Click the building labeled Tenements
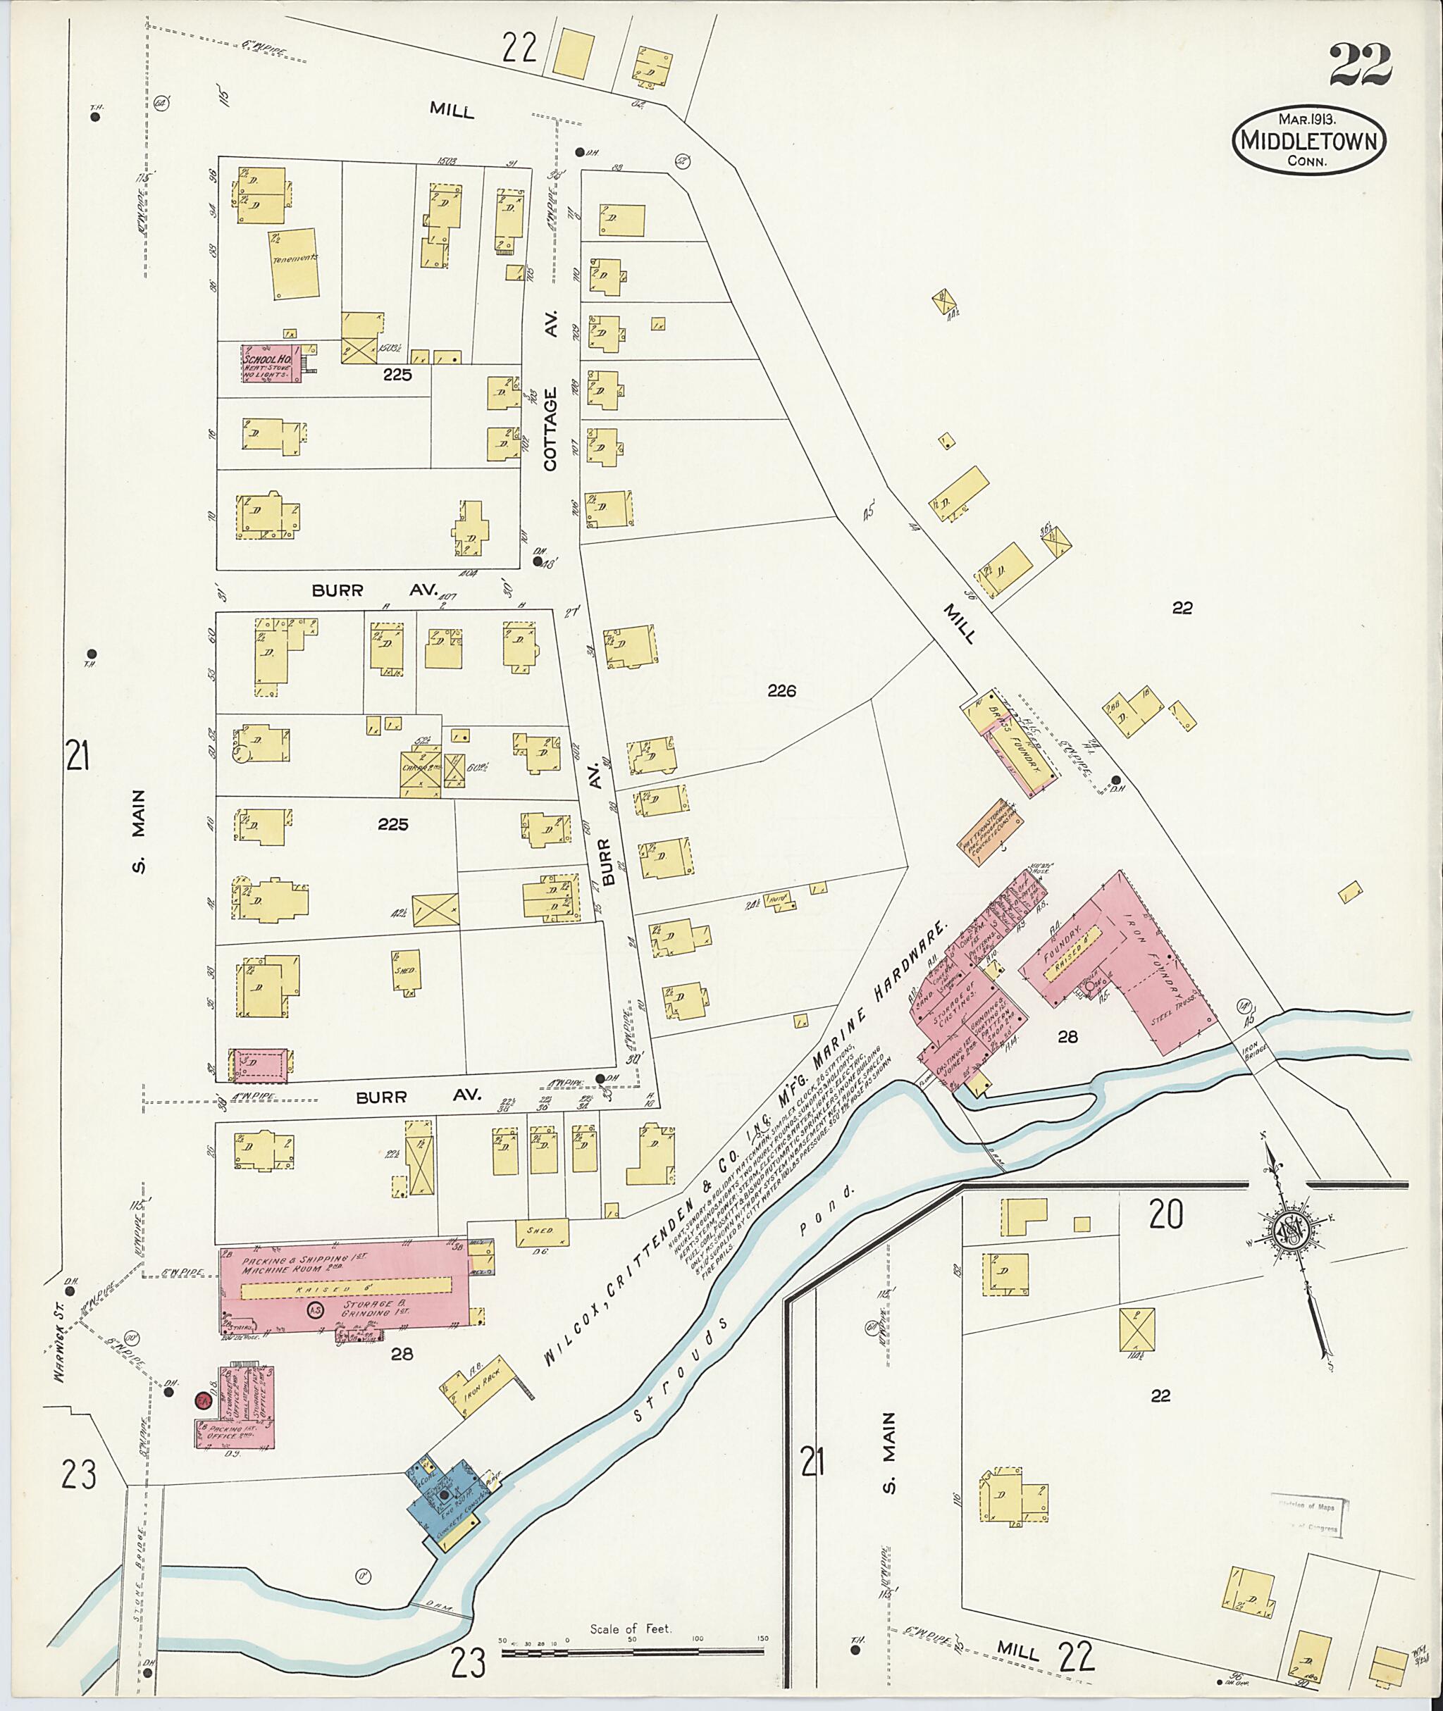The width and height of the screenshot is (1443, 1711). point(294,263)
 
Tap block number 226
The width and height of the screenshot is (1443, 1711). point(781,691)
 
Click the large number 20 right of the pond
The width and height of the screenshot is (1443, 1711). point(1165,1217)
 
